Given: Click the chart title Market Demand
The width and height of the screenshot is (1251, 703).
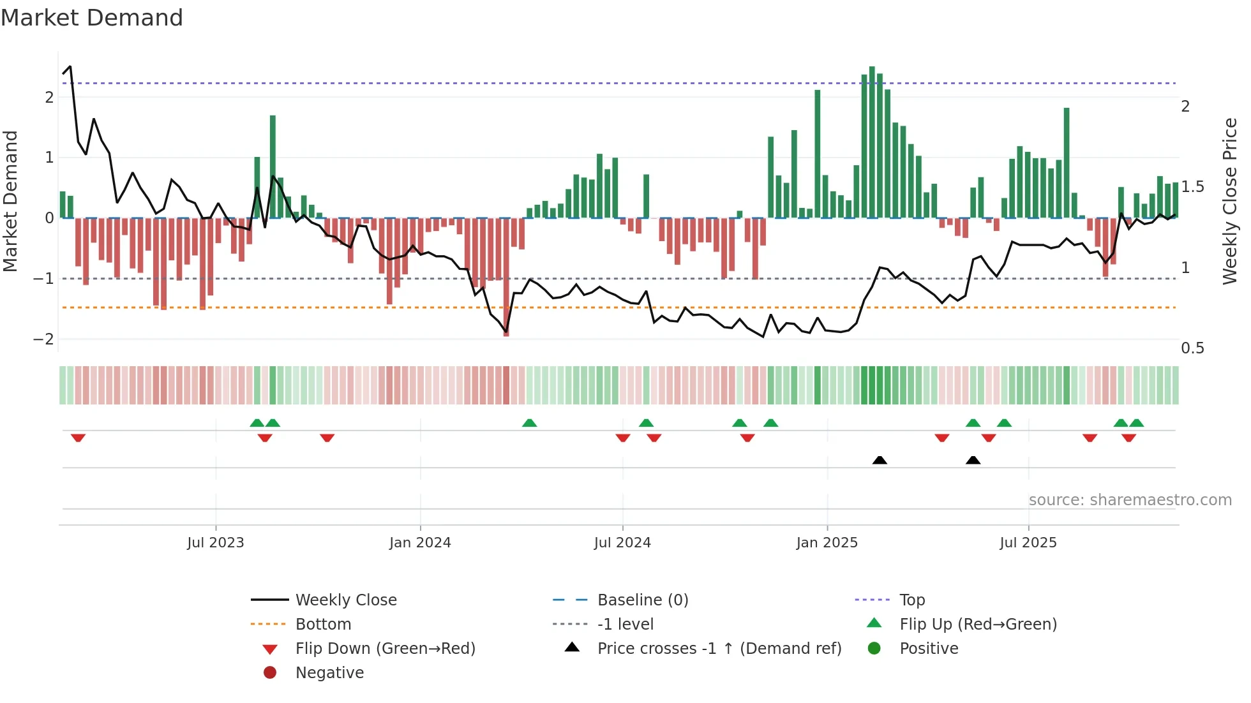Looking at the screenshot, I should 92,18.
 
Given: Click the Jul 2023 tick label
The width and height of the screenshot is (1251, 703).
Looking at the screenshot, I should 215,543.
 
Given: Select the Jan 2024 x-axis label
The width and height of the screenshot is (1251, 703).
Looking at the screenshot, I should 420,543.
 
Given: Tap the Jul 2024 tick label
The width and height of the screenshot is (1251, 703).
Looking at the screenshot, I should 622,543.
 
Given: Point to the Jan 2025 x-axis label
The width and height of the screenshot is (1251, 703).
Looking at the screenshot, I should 827,543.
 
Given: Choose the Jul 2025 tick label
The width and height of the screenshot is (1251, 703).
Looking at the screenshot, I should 1028,543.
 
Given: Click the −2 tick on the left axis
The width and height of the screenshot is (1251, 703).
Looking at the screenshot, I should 43,339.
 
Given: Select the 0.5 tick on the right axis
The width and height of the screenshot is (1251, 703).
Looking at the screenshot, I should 1192,348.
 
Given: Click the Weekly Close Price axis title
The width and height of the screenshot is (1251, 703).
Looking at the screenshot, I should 1229,201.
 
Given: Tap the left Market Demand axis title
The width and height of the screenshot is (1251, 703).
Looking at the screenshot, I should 10,201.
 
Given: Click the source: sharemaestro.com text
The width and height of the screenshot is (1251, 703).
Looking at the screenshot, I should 1130,500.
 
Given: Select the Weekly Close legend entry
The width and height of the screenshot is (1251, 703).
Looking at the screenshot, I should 345,600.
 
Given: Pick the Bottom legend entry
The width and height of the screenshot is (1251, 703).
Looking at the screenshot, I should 323,625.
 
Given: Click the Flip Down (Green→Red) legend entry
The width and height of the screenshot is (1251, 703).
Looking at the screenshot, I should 385,649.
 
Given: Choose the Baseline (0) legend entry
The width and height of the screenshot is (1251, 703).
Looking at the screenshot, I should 642,600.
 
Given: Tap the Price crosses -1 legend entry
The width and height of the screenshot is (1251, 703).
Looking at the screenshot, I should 719,649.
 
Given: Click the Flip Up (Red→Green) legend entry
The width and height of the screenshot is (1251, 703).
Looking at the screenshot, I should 978,625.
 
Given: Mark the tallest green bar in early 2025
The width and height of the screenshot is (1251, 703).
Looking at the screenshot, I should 872,142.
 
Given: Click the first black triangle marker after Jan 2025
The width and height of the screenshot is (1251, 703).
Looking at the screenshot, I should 880,460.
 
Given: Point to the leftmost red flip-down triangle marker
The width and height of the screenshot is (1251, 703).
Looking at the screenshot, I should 78,438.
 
